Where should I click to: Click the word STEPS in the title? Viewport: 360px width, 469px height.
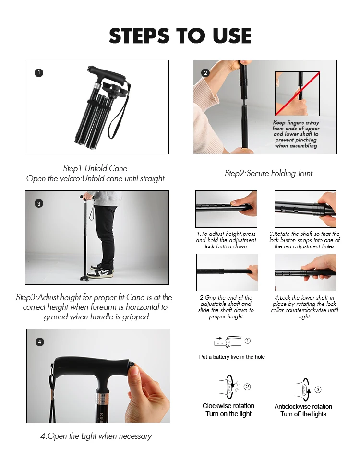tap(139, 36)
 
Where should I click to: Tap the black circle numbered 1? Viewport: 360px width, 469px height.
tap(39, 73)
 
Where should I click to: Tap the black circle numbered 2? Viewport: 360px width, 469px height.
tap(205, 73)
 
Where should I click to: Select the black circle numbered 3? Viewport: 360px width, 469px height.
tap(39, 204)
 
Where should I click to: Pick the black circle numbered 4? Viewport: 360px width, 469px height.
tap(40, 342)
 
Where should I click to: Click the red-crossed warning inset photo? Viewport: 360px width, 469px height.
tap(298, 94)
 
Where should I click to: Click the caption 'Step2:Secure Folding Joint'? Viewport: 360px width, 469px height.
tap(268, 173)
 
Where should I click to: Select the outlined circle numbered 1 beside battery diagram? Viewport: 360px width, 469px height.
tap(248, 340)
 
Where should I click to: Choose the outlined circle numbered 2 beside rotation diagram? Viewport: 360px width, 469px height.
tap(247, 387)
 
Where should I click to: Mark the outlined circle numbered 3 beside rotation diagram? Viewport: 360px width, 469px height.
tap(318, 390)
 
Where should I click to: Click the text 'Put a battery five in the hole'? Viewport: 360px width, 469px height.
tap(232, 357)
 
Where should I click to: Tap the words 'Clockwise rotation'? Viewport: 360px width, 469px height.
tap(228, 406)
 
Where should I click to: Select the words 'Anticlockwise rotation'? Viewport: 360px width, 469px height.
tap(303, 407)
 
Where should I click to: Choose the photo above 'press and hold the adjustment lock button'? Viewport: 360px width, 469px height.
tap(226, 209)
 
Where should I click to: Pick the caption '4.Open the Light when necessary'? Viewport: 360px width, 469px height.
tap(96, 436)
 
